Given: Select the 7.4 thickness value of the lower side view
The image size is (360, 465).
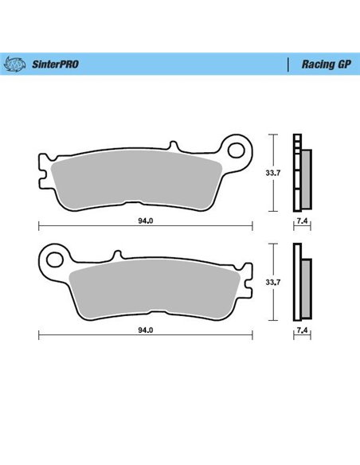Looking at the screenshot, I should [x=301, y=330].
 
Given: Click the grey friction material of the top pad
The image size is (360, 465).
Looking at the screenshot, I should [x=135, y=179].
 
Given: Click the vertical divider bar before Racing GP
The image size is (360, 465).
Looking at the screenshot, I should [x=286, y=63].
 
